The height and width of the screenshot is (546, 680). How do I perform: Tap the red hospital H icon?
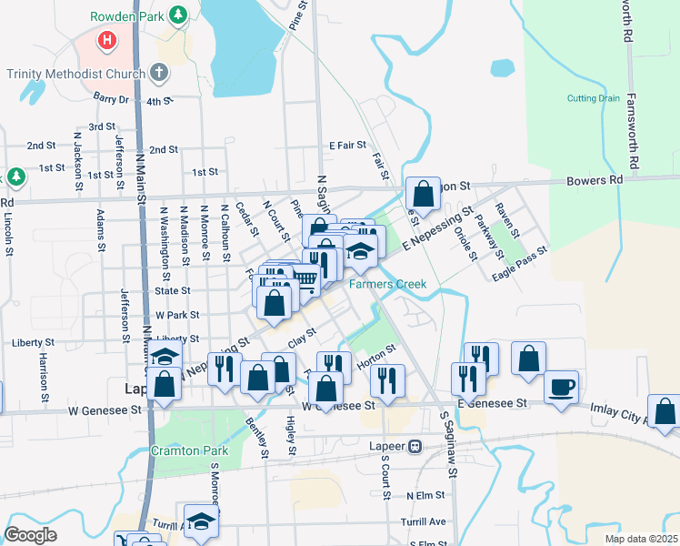107,41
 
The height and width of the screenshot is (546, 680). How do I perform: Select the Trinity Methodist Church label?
75,74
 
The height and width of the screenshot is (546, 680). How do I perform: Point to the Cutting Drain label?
594,98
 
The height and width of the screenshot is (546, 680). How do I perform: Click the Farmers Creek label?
388,285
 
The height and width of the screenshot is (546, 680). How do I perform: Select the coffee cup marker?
561,386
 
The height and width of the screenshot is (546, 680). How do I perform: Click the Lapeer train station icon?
415,446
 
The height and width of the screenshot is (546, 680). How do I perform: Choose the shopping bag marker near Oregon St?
423,193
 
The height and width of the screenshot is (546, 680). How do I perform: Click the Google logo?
31,535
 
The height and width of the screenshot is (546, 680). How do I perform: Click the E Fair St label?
347,145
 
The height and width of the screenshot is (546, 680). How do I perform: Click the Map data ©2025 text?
640,539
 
